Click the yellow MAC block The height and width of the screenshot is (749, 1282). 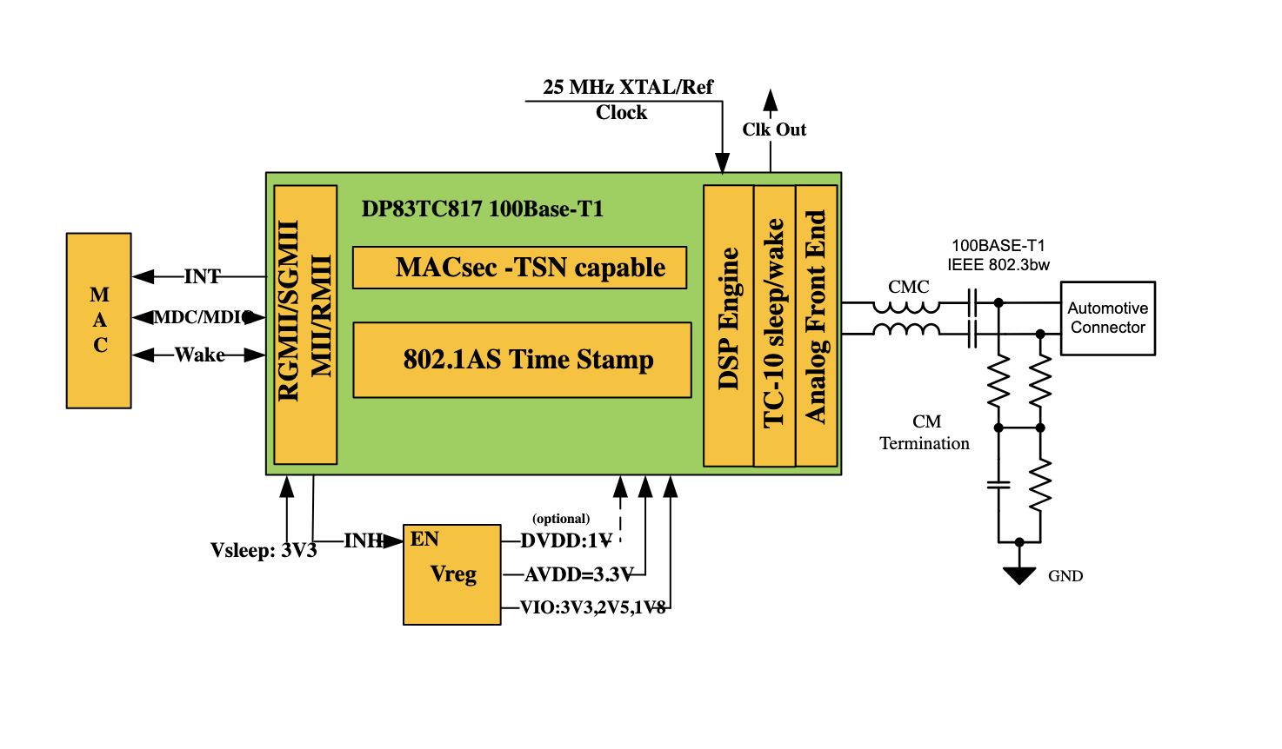(x=99, y=320)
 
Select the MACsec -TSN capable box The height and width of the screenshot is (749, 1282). (x=519, y=268)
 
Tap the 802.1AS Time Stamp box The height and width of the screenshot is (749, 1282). (x=522, y=360)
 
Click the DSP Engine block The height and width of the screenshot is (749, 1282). (x=728, y=325)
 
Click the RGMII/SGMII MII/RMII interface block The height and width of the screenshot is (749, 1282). (x=305, y=324)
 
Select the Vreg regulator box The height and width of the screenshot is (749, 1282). (x=452, y=574)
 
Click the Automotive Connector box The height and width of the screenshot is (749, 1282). (x=1107, y=318)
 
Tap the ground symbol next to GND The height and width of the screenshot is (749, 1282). (x=1018, y=575)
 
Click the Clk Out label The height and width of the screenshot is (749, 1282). (x=774, y=129)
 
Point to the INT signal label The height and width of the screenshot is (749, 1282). (x=202, y=276)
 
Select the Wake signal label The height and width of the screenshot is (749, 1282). (x=199, y=355)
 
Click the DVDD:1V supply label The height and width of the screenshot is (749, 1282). (x=566, y=540)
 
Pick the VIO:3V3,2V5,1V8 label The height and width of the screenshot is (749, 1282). (x=592, y=607)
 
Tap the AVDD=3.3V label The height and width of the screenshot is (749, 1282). (x=578, y=574)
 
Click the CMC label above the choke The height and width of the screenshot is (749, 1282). (x=908, y=287)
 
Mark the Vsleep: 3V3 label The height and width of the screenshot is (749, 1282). (x=264, y=551)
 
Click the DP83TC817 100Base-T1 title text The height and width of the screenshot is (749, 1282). (x=482, y=209)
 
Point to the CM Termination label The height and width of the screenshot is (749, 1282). (x=925, y=433)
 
